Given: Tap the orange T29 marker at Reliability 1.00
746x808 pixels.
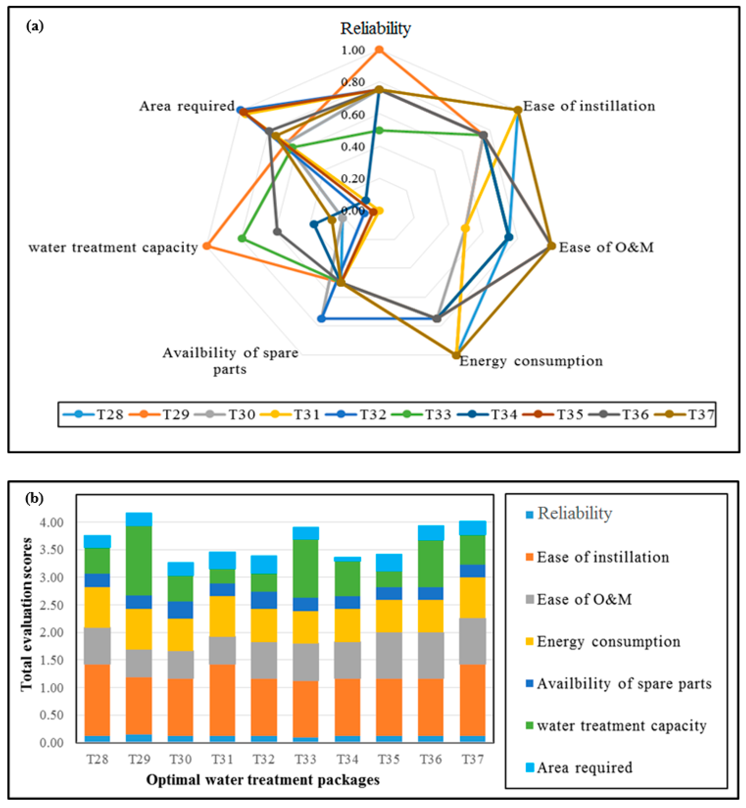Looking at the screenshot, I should coord(379,50).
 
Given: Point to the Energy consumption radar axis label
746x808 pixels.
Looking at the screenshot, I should coord(531,361).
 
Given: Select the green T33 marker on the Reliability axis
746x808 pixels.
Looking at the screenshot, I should coord(379,130).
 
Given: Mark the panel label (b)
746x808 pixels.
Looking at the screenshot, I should coord(34,499).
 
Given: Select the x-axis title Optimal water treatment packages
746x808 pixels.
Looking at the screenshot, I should coord(263,780).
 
